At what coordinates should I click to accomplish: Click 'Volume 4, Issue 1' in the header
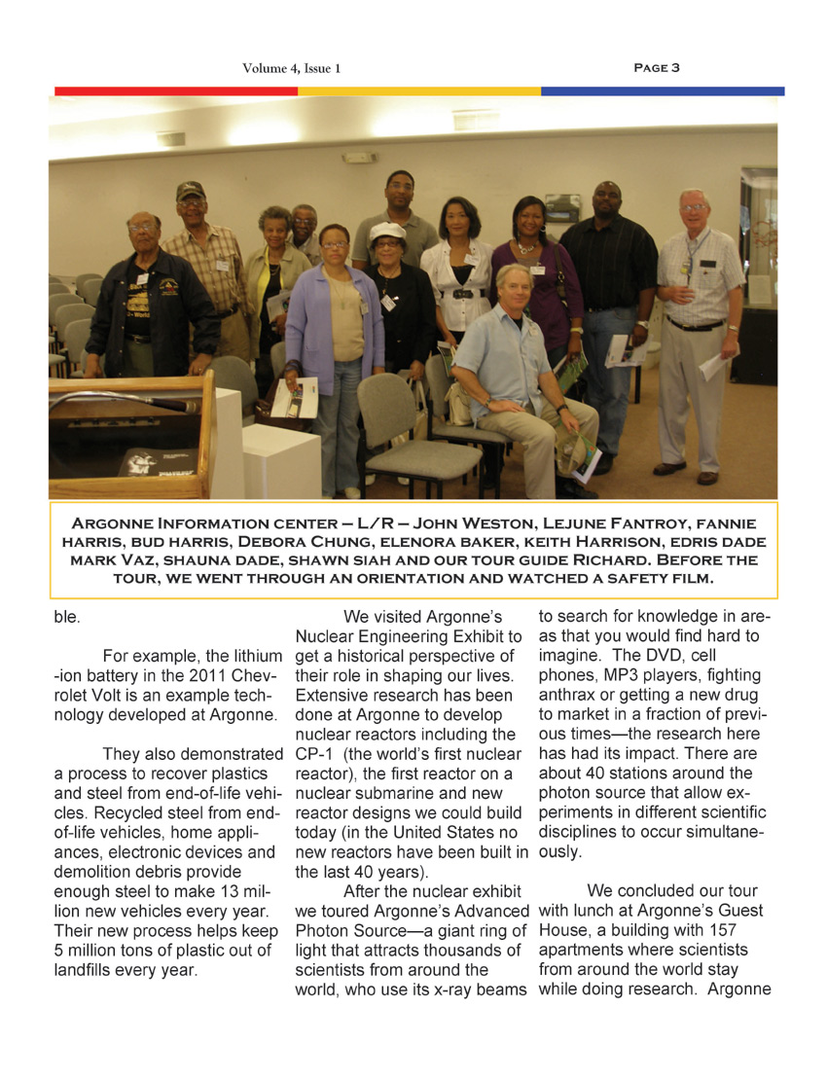pyautogui.click(x=291, y=68)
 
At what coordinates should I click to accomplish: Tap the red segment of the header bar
pyautogui.click(x=175, y=91)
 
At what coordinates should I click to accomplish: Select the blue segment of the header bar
pyautogui.click(x=662, y=91)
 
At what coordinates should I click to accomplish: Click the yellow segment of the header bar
pyautogui.click(x=418, y=91)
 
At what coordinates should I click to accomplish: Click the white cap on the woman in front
pyautogui.click(x=386, y=232)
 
